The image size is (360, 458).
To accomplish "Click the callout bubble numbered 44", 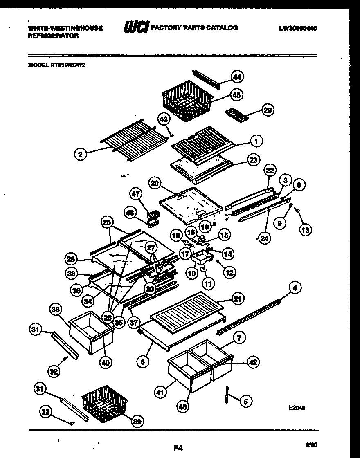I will tap(236, 76).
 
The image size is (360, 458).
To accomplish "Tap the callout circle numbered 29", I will tap(268, 110).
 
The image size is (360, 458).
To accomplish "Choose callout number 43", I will tap(163, 119).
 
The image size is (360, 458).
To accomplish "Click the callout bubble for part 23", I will tap(254, 160).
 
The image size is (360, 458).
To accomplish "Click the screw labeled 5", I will tap(226, 395).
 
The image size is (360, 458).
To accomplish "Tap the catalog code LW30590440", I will tap(298, 28).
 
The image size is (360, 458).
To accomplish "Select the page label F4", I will tap(178, 448).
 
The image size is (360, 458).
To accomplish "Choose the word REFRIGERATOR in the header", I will tap(53, 36).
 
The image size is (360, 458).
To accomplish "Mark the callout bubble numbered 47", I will tap(136, 193).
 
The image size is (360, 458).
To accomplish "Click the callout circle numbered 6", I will tap(143, 361).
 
